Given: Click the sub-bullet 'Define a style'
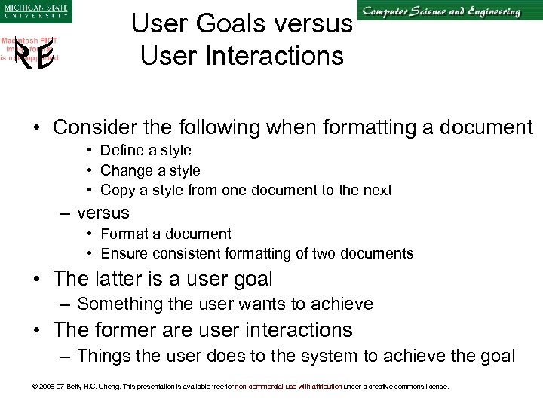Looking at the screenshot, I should coord(146,150).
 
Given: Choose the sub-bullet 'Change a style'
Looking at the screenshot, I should coord(150,170).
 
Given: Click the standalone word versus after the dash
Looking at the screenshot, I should coord(103,213).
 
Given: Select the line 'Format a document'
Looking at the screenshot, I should coord(166,234).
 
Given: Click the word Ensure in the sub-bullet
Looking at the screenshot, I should coord(122,254).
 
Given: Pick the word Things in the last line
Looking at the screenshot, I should coord(103,356).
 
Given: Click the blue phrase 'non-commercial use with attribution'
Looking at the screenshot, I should coord(288,387).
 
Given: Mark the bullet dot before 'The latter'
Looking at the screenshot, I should coord(37,280).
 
